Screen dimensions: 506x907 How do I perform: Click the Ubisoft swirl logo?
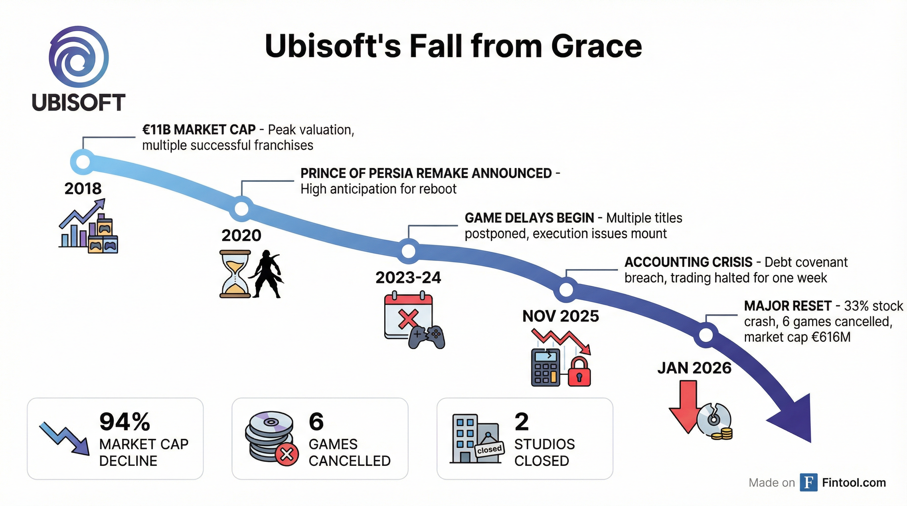pyautogui.click(x=78, y=57)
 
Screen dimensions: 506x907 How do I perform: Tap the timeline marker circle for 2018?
pyautogui.click(x=83, y=162)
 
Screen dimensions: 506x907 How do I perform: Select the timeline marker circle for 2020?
pyautogui.click(x=242, y=209)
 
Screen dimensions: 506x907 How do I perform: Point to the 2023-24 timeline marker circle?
pyautogui.click(x=408, y=251)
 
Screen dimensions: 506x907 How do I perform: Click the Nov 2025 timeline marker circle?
pyautogui.click(x=566, y=290)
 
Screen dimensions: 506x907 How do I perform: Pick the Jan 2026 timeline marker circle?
pyautogui.click(x=706, y=335)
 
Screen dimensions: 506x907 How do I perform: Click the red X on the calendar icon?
pyautogui.click(x=408, y=319)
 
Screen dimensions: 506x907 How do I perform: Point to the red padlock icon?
pyautogui.click(x=579, y=372)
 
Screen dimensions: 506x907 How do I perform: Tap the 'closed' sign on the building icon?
pyautogui.click(x=489, y=449)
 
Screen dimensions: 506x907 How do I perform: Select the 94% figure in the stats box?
pyautogui.click(x=125, y=422)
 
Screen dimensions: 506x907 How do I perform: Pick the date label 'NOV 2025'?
pyautogui.click(x=561, y=316)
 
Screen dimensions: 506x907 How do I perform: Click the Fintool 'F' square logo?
pyautogui.click(x=808, y=482)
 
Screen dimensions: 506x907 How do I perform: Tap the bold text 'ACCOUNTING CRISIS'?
pyautogui.click(x=688, y=262)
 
